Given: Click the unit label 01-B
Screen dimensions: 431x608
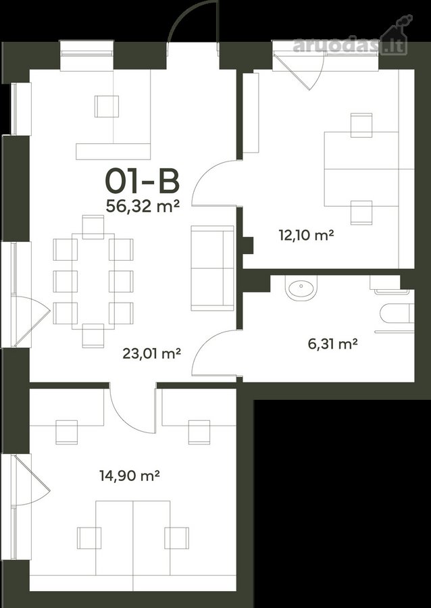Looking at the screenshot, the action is (x=143, y=182).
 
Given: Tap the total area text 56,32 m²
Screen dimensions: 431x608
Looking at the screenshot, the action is (x=143, y=206).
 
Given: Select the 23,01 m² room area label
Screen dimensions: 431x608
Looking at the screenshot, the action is (x=152, y=353).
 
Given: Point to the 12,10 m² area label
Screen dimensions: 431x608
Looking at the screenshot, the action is (x=306, y=235).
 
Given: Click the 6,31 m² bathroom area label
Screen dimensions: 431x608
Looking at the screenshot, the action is (x=332, y=344).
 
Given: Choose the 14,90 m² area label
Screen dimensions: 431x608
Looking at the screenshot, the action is (x=130, y=476).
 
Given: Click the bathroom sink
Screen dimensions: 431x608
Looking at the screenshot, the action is (x=301, y=288).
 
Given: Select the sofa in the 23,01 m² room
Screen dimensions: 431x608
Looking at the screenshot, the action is (x=212, y=268).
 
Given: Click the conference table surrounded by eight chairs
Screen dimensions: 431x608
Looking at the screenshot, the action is (x=93, y=281).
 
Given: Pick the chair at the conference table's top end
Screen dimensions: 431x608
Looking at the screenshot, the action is (x=93, y=227).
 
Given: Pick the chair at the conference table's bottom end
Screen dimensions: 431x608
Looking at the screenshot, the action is (x=93, y=335).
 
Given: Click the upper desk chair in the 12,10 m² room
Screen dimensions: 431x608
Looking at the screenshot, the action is (x=361, y=125).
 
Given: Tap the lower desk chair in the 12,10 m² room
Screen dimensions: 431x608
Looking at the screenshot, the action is (x=361, y=213).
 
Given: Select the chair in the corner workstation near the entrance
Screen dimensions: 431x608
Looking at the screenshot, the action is (x=107, y=106).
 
